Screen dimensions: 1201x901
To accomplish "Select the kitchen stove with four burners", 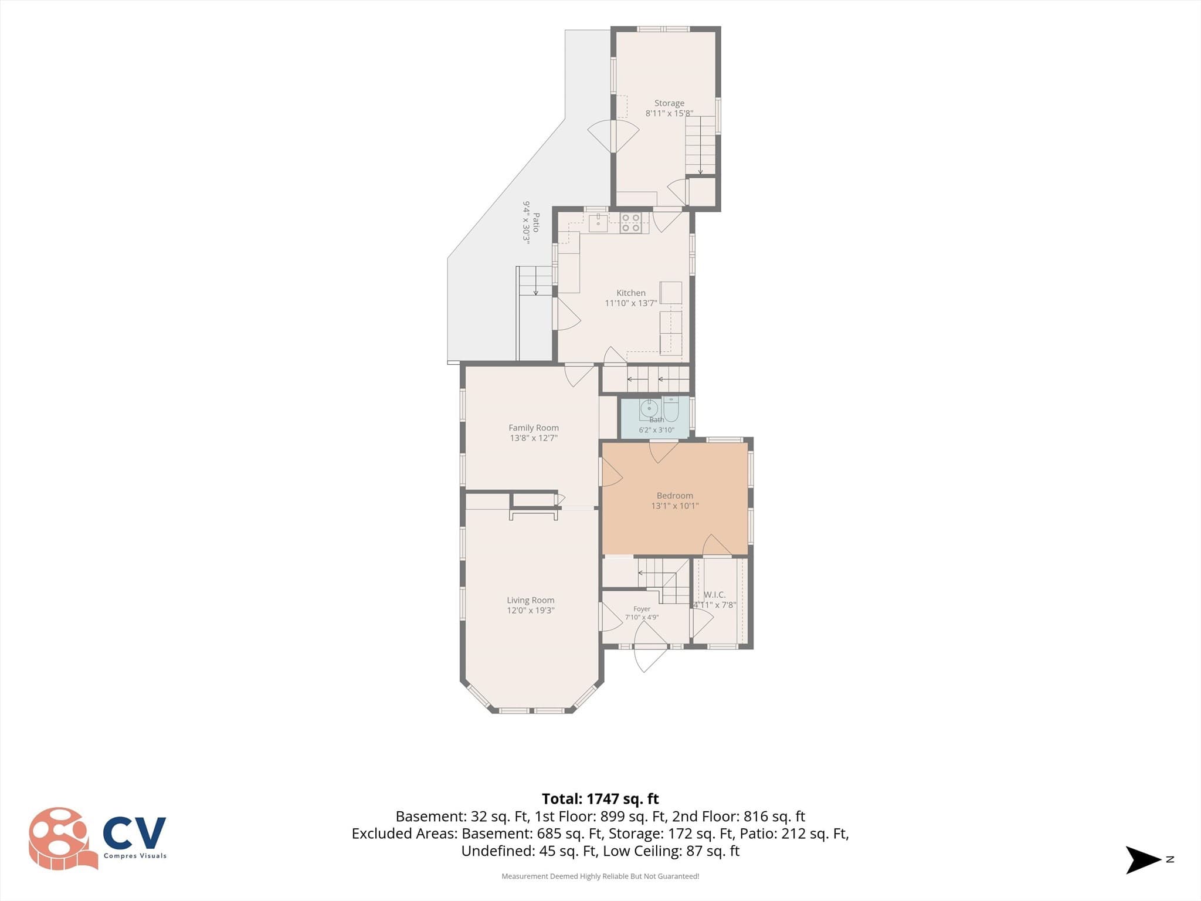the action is [630, 223].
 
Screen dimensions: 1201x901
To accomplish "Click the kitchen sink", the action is [598, 223].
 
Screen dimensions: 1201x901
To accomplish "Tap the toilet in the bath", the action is [671, 409].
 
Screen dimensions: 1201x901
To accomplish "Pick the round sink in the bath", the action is [649, 408].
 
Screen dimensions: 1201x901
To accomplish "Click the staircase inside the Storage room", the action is [701, 145].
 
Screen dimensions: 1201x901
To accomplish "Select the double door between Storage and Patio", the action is [613, 137].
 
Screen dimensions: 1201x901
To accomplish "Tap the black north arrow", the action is [1143, 860].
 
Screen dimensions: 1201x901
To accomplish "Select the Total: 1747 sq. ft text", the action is [600, 799].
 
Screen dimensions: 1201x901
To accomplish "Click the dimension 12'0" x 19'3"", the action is [531, 610].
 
